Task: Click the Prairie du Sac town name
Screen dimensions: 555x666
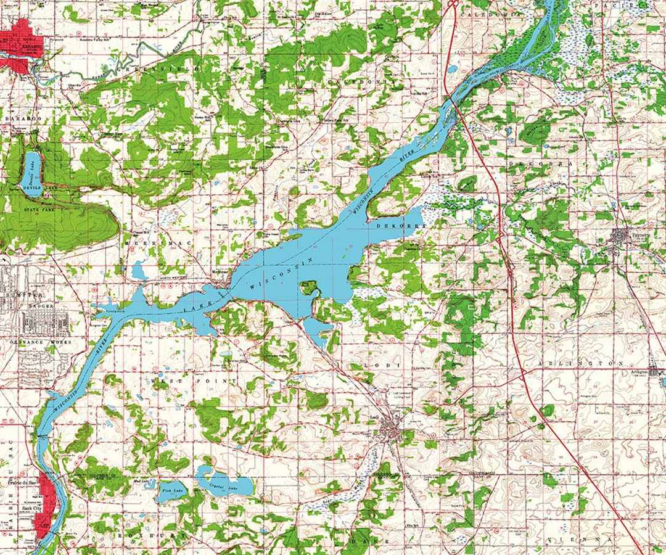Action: tap(18, 481)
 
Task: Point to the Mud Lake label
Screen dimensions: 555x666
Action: tap(140, 480)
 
